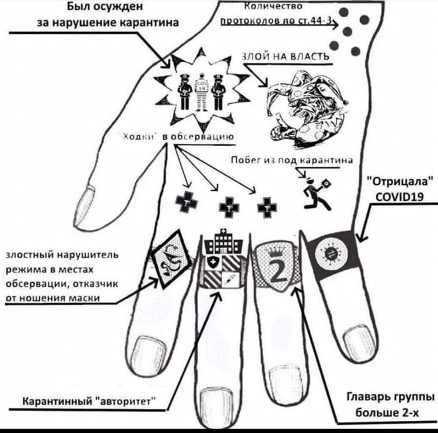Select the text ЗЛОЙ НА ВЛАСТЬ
coord(284,56)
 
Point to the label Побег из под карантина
coord(292,160)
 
